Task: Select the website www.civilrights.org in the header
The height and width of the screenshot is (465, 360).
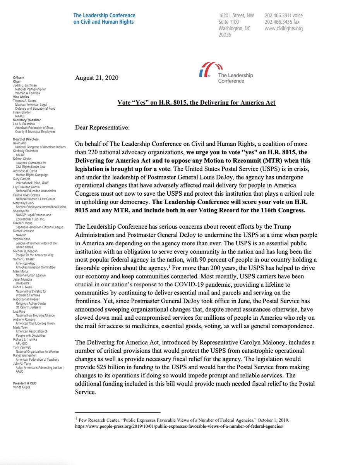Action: [x=283, y=29]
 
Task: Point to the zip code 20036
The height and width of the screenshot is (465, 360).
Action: [x=225, y=35]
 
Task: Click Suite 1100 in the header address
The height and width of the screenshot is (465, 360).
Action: [x=228, y=22]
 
